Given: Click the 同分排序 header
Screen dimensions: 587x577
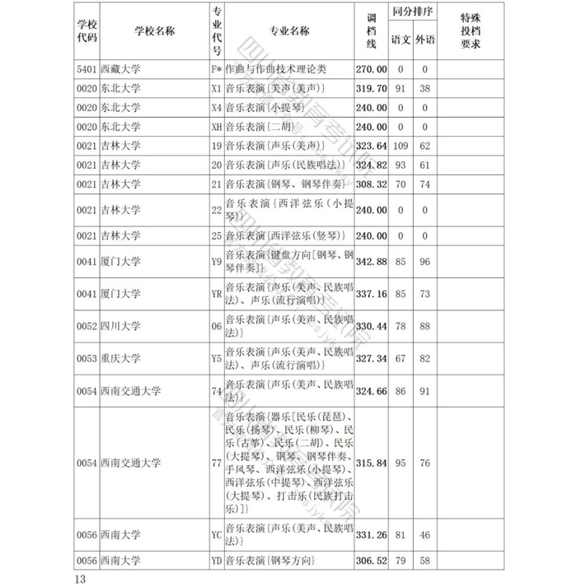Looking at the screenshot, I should click(x=413, y=14).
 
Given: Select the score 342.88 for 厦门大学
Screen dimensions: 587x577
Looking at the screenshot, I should click(x=371, y=263).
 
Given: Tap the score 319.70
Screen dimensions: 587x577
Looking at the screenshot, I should click(x=371, y=88).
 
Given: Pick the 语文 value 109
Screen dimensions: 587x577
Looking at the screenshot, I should click(x=401, y=146).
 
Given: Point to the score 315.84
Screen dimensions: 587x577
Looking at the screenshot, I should click(x=371, y=464).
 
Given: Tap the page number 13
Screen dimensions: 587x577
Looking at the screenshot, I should click(x=79, y=580).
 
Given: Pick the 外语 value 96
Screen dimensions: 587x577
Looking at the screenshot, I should click(x=425, y=263).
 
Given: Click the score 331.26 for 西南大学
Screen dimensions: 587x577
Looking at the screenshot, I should click(x=371, y=535).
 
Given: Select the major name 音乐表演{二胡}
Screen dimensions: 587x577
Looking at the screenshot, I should click(x=261, y=127).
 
